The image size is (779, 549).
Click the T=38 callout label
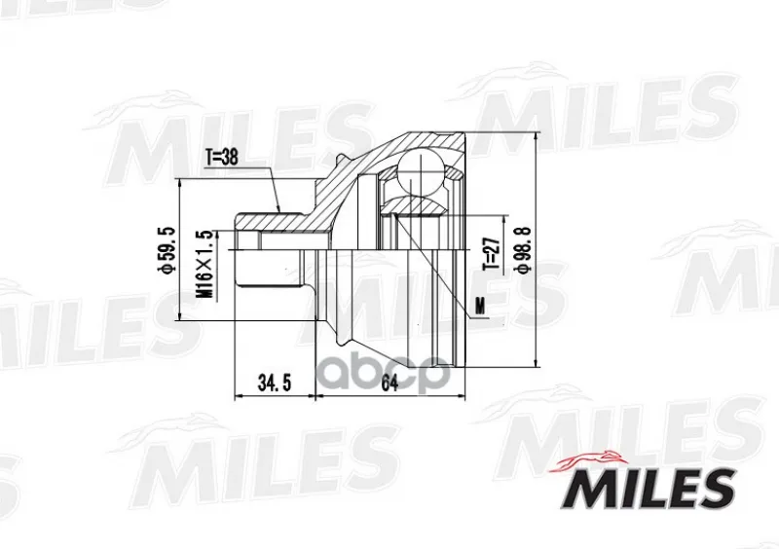click(222, 157)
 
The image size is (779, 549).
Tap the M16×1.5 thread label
click(205, 264)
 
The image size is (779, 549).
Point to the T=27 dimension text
click(491, 254)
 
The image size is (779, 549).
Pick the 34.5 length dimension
click(274, 384)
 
